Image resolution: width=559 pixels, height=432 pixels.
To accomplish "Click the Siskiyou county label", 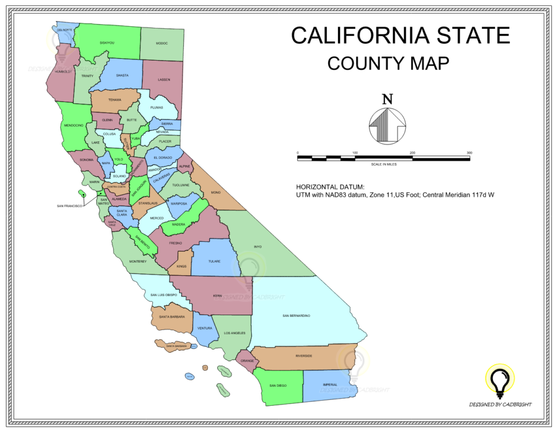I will click(x=107, y=43).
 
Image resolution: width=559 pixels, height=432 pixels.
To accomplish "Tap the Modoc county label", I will click(x=162, y=43).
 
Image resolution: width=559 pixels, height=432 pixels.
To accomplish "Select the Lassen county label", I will click(x=164, y=80).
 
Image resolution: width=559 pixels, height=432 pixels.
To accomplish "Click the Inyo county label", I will click(x=258, y=247).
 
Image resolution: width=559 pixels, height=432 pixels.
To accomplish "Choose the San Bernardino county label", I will click(x=296, y=316).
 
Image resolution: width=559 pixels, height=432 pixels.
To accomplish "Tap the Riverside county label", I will click(x=304, y=356).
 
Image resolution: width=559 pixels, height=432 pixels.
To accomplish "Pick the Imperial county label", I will click(x=330, y=384).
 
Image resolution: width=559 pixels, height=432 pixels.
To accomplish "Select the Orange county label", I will click(x=247, y=361).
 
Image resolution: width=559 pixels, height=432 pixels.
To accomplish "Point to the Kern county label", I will click(x=217, y=296).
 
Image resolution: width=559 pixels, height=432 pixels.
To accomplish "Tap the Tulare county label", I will click(x=214, y=261).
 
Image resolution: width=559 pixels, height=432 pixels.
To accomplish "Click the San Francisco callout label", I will click(x=69, y=206).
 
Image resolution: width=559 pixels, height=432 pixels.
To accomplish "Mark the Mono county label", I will click(x=215, y=192).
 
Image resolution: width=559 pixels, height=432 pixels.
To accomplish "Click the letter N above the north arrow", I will click(x=387, y=99).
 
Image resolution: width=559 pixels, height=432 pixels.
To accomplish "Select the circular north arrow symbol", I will click(x=387, y=125).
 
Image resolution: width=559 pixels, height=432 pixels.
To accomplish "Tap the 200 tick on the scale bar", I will click(x=412, y=153).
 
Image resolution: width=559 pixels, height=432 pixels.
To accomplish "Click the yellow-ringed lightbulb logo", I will click(x=500, y=379).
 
